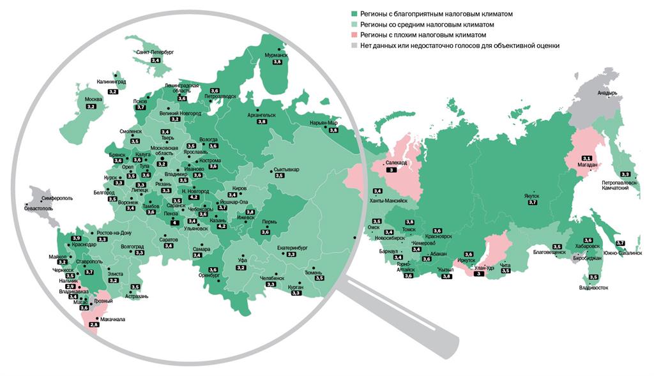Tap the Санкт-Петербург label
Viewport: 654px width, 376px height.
coord(154,52)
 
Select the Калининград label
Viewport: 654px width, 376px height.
coord(111,82)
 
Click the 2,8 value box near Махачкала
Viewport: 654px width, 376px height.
coord(94,326)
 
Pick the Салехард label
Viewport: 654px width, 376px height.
coord(395,163)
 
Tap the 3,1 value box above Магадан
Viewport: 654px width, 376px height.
coord(586,158)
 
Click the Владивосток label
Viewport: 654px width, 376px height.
coord(593,288)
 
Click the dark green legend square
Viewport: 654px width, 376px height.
coord(354,13)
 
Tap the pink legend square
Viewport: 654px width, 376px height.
coord(354,34)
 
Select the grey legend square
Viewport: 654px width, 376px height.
coord(354,45)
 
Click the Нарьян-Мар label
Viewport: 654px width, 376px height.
coord(323,123)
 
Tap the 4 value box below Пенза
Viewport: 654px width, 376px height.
coord(175,223)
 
